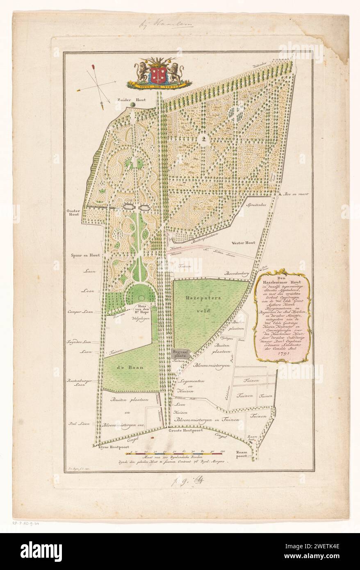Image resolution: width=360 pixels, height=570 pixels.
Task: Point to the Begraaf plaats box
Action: [181, 354]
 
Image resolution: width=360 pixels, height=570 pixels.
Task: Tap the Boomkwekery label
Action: [236, 273]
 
